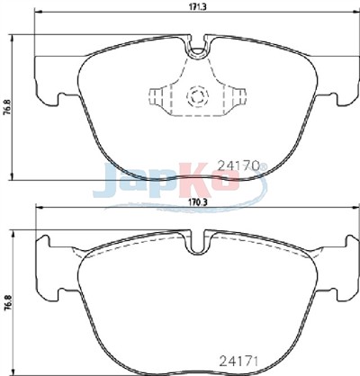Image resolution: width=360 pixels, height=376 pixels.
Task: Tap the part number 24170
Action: click(x=238, y=166)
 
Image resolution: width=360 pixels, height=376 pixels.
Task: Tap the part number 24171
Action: click(x=239, y=361)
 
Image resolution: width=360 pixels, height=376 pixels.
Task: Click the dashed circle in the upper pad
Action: click(x=197, y=96)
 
